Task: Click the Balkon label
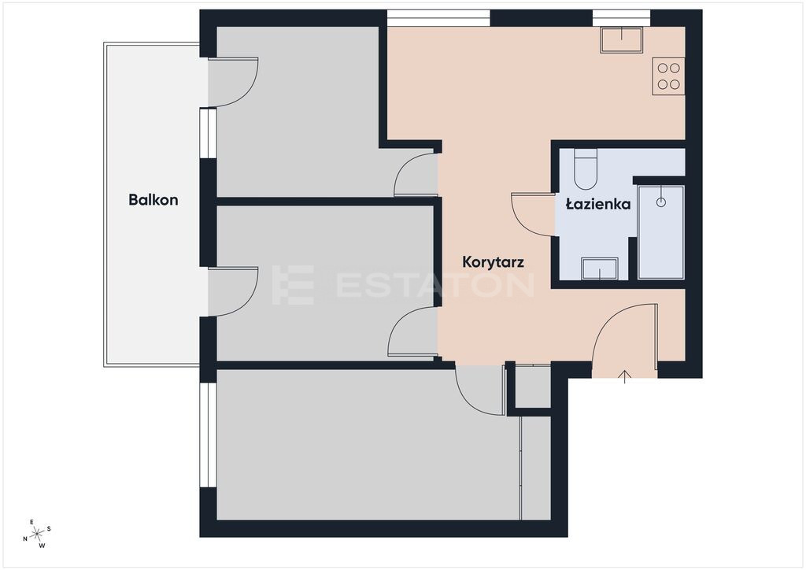tap(153, 199)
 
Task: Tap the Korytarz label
tap(493, 262)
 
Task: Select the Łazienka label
tap(598, 204)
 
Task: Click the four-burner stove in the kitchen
tap(668, 76)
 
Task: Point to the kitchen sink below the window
tap(622, 39)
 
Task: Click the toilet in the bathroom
tap(586, 169)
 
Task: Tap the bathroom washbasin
tap(599, 268)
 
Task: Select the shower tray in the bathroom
tap(660, 232)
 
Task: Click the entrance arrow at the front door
tap(624, 376)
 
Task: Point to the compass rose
tap(37, 534)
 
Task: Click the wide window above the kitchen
tap(438, 19)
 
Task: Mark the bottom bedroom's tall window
tap(208, 435)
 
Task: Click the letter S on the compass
tap(49, 528)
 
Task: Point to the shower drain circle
tap(661, 202)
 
